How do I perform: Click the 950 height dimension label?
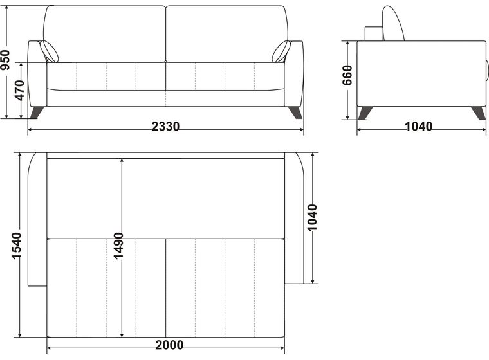click(5, 60)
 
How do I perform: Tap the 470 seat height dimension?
click(20, 91)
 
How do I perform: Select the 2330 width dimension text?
click(165, 126)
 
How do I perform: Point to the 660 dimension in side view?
click(347, 75)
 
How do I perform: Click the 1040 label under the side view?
click(418, 126)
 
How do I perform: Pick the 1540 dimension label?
click(16, 246)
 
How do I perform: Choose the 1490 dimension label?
click(118, 246)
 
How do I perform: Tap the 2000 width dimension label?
click(169, 345)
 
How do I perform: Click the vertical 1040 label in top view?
click(312, 217)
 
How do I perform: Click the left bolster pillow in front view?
click(49, 51)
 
